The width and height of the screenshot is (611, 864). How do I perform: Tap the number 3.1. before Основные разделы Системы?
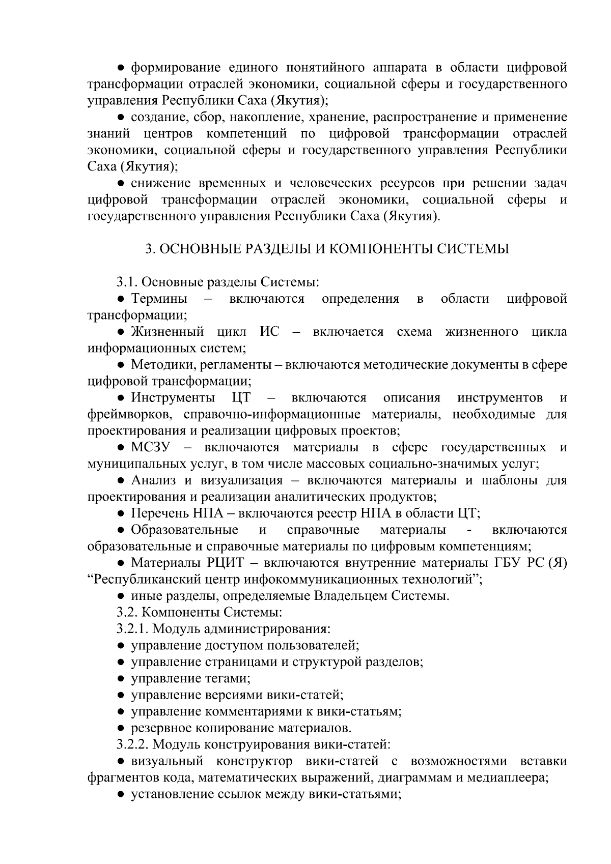point(127,282)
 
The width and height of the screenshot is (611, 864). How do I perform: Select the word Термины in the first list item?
point(158,299)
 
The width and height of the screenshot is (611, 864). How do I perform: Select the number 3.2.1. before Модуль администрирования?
point(132,629)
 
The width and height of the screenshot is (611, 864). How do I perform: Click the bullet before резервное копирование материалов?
point(121,728)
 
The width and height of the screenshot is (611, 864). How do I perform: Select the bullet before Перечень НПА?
point(121,513)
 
